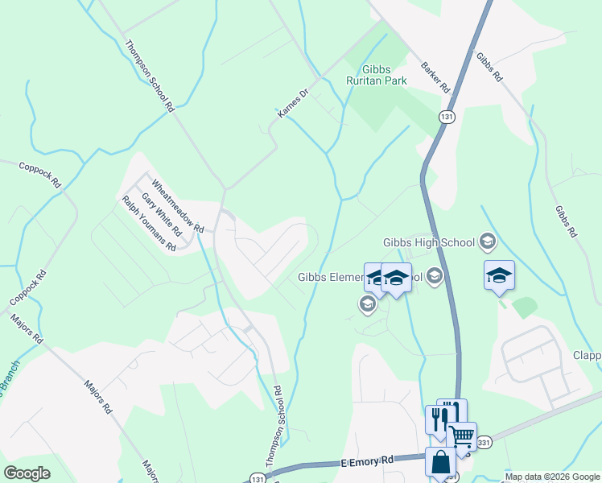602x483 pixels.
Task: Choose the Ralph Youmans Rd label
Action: tap(149, 224)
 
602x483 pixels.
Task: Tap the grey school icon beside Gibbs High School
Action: tap(487, 241)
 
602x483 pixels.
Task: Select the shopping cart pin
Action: tap(461, 436)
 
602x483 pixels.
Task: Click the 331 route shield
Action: tap(483, 442)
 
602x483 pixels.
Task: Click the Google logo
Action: tap(27, 473)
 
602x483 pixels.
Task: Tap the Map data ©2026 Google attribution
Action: tap(552, 477)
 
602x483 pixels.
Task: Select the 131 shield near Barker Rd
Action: tap(447, 117)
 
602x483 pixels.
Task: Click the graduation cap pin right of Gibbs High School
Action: tap(499, 275)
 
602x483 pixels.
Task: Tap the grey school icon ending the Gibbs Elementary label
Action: tap(435, 278)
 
